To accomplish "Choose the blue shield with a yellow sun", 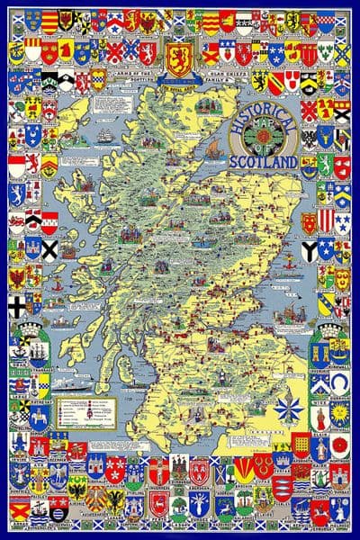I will coord(340,415).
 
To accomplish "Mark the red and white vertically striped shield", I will coord(326,220).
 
